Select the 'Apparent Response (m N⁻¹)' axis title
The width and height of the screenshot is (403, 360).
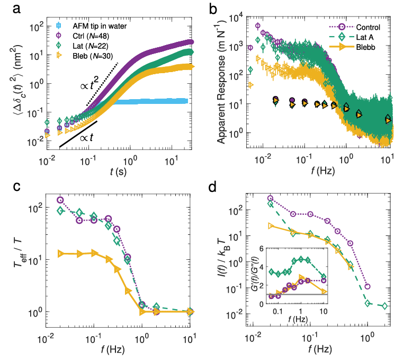(x=218, y=85)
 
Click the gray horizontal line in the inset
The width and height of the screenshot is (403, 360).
(x=297, y=293)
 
